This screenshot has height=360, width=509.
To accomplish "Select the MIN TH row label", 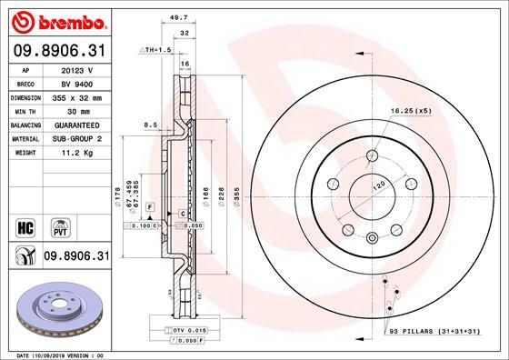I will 25,110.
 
